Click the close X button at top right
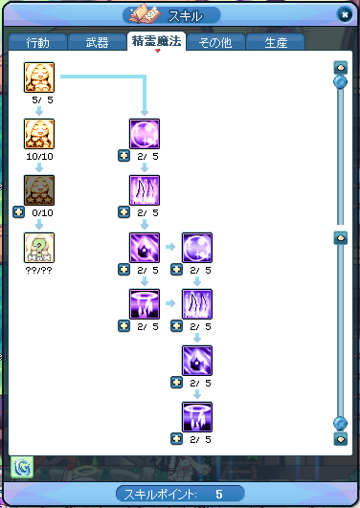point(345,14)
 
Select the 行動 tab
point(38,42)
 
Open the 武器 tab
point(97,42)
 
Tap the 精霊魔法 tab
point(156,41)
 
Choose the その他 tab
point(215,42)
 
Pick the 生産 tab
point(276,42)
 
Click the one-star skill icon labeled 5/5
point(39,77)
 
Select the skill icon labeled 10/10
point(39,134)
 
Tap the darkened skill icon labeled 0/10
point(39,190)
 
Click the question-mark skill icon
point(39,248)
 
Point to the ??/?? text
point(38,270)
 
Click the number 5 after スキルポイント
point(219,494)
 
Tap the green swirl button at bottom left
point(22,467)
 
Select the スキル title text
point(185,16)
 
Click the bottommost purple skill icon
point(197,417)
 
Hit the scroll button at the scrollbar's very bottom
point(341,439)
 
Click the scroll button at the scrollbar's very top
point(341,68)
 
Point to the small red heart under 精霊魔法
point(158,51)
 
